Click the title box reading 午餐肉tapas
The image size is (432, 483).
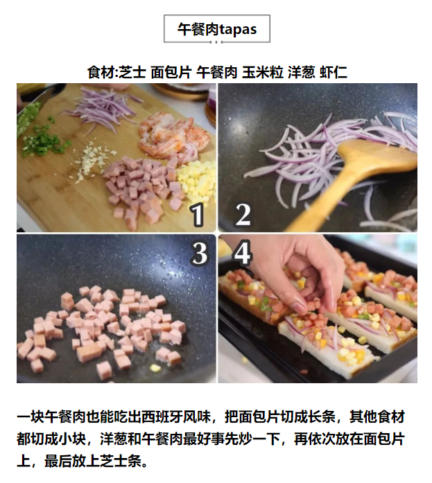[x=216, y=28]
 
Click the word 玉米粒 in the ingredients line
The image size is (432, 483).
[x=263, y=72]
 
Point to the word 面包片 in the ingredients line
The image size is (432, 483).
[x=171, y=72]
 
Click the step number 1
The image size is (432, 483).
[x=197, y=215]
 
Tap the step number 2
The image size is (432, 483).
[x=243, y=215]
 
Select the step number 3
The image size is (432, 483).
[x=200, y=254]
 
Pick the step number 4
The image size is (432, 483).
[x=243, y=254]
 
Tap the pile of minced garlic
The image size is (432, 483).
[x=92, y=161]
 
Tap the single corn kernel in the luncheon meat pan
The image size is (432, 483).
[x=155, y=367]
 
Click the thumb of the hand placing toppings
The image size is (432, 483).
[x=300, y=305]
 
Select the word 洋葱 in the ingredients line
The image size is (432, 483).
[x=302, y=72]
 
